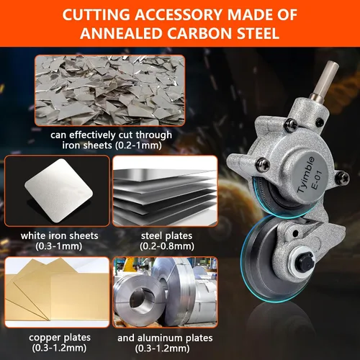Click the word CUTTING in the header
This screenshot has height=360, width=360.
(x=96, y=14)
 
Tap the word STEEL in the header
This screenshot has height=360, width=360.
(x=258, y=33)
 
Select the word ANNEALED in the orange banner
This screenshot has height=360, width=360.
(x=122, y=33)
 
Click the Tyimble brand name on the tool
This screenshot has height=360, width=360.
(x=306, y=174)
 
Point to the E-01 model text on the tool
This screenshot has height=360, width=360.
(x=316, y=181)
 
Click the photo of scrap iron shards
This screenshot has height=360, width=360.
(x=110, y=90)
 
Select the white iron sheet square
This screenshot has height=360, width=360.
(x=58, y=191)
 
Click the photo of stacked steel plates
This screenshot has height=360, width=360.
(x=165, y=191)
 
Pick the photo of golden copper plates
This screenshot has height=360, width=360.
(x=57, y=292)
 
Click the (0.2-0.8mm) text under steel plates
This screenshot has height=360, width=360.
(x=167, y=246)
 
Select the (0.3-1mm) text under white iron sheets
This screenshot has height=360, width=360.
(x=59, y=246)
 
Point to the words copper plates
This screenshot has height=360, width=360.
(x=60, y=338)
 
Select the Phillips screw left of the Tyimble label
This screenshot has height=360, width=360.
(x=263, y=165)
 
